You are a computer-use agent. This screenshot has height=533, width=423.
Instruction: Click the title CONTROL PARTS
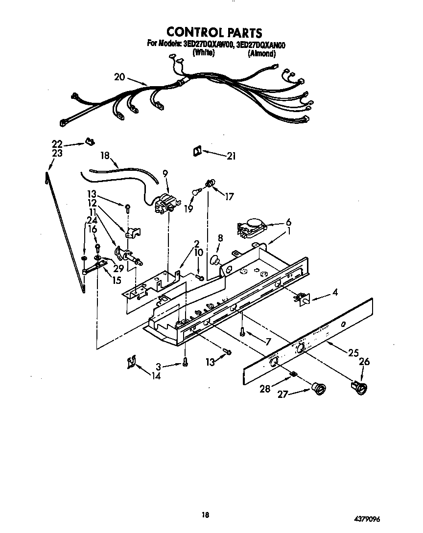pos(214,32)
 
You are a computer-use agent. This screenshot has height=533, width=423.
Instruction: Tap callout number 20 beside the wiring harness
pos(120,77)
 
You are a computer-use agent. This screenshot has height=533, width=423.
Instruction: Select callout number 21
pos(231,156)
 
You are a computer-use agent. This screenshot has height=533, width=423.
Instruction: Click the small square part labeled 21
pos(197,152)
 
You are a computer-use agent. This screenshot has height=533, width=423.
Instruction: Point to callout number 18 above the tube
pos(105,156)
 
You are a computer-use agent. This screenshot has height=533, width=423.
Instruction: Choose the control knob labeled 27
pos(320,389)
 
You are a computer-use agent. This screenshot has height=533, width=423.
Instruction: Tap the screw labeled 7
pos(242,331)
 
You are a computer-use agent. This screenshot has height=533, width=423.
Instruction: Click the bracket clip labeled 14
pos(131,363)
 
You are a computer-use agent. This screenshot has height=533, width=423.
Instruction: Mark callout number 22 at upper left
pos(57,143)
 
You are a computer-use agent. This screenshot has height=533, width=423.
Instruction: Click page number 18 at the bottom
pos(206,514)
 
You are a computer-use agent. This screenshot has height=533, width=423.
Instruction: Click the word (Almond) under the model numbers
pos(262,53)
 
